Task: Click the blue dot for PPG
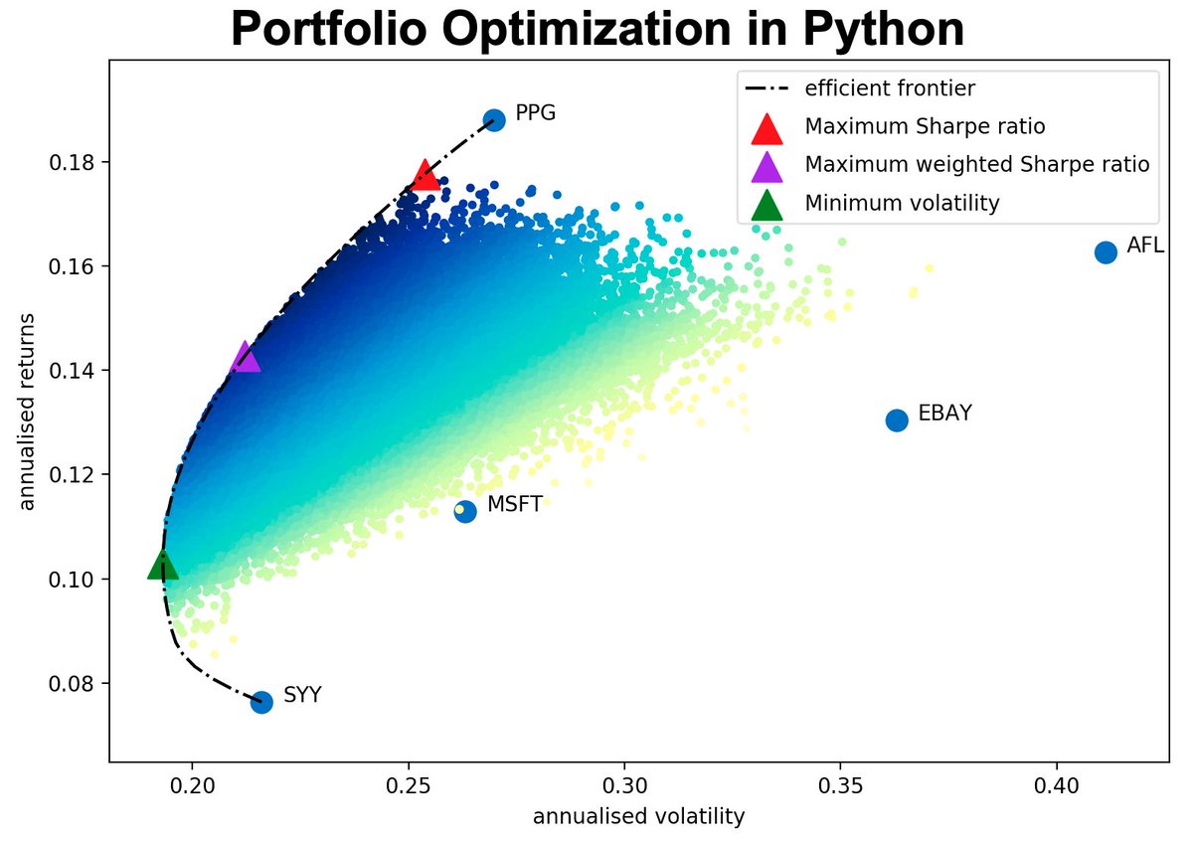pos(494,119)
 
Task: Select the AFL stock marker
pos(1106,252)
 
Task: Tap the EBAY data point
pos(897,421)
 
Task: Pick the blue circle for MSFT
pos(465,511)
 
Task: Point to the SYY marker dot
pos(261,702)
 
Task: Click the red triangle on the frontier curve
pos(426,175)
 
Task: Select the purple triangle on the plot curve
pos(245,358)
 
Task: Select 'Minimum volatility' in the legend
pos(902,204)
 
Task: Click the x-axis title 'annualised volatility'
pos(638,817)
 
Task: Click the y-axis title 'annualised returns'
pos(27,413)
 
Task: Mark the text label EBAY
pos(944,413)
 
